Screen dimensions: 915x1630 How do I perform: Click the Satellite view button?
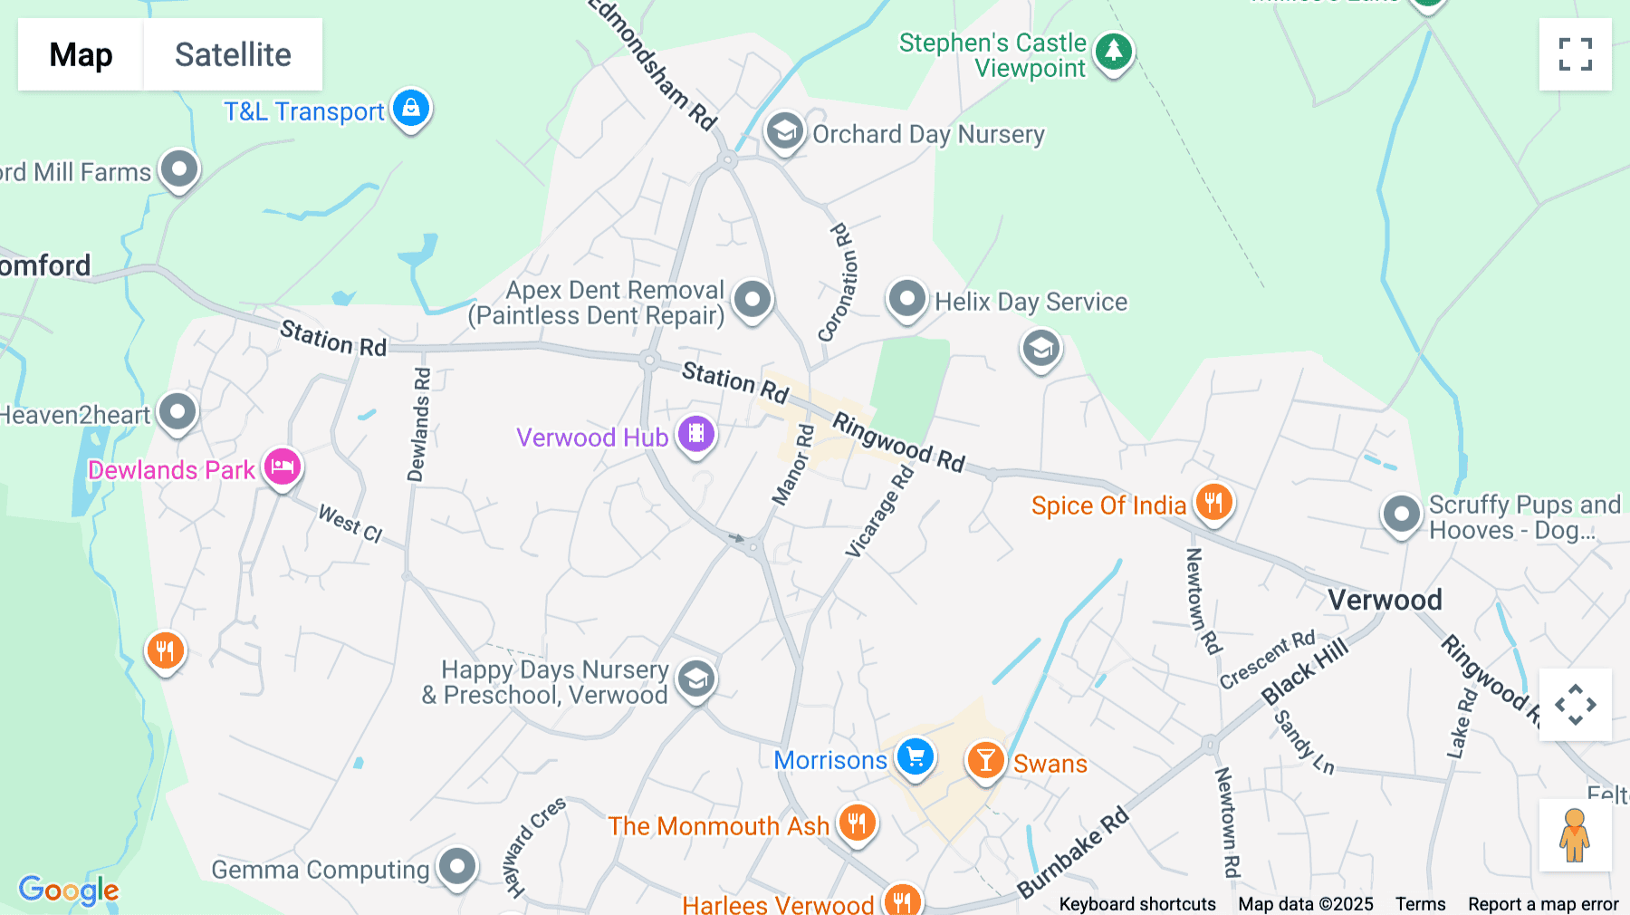(233, 54)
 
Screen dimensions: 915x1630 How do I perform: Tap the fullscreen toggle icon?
(1575, 54)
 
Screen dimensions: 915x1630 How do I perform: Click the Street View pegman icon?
(1575, 835)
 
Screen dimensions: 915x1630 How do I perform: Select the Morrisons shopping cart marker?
(916, 756)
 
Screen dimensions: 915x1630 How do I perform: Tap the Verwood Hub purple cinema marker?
(696, 434)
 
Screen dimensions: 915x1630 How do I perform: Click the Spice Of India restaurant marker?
(1213, 502)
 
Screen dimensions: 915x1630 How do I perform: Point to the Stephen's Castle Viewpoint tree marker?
(1113, 52)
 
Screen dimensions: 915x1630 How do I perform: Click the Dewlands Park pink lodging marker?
(283, 467)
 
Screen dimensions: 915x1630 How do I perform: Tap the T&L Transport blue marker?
(411, 108)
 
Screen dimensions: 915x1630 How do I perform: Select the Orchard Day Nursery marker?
(784, 131)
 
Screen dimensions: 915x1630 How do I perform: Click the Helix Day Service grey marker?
(906, 298)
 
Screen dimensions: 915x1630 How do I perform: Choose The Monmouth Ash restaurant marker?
(857, 823)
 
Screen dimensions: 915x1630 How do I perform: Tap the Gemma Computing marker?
(457, 867)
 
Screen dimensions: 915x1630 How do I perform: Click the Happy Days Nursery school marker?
(696, 679)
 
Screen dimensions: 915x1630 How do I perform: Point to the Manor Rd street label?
(792, 466)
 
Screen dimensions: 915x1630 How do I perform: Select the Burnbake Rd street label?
(1073, 852)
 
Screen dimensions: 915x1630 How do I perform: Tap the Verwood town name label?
(1385, 600)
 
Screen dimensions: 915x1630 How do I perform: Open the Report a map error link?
(1543, 904)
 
